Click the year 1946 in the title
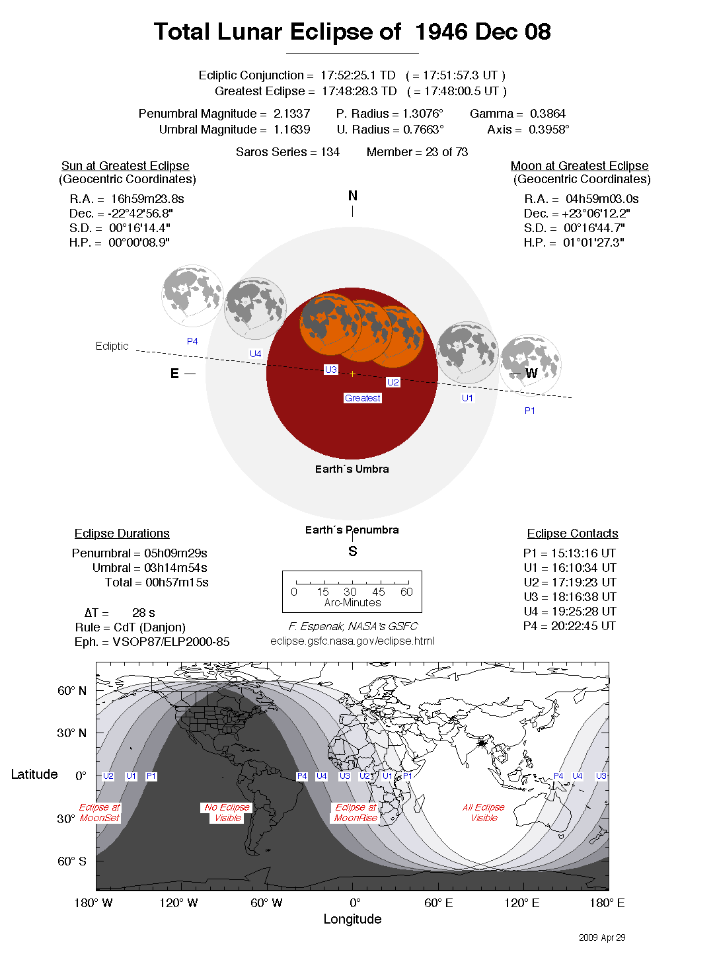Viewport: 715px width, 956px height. [x=442, y=32]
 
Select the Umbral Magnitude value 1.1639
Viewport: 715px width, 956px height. [x=291, y=130]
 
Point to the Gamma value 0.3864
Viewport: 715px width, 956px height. [x=548, y=114]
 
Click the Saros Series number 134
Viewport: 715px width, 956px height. [x=330, y=152]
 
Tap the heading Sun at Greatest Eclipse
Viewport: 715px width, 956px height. [x=125, y=166]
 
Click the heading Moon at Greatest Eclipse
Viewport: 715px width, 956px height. [x=579, y=166]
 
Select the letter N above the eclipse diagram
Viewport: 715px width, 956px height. [x=353, y=196]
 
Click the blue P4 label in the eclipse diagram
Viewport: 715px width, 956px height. [x=192, y=341]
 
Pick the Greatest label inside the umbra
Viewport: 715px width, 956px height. [x=363, y=398]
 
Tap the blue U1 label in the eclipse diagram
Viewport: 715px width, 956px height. [x=467, y=398]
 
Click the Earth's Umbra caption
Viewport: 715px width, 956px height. [x=352, y=469]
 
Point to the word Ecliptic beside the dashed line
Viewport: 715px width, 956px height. [x=112, y=346]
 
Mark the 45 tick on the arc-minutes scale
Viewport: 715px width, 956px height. [x=379, y=592]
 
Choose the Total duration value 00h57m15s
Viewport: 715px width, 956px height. [x=176, y=582]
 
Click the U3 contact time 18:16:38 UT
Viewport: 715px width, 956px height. [x=583, y=597]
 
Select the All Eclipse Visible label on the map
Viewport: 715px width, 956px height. [x=484, y=813]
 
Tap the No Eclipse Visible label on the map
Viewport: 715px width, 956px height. [x=227, y=813]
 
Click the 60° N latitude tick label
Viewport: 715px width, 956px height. [x=71, y=691]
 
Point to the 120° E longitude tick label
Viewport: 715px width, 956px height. [x=521, y=903]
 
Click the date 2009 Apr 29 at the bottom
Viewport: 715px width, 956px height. [x=601, y=937]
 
